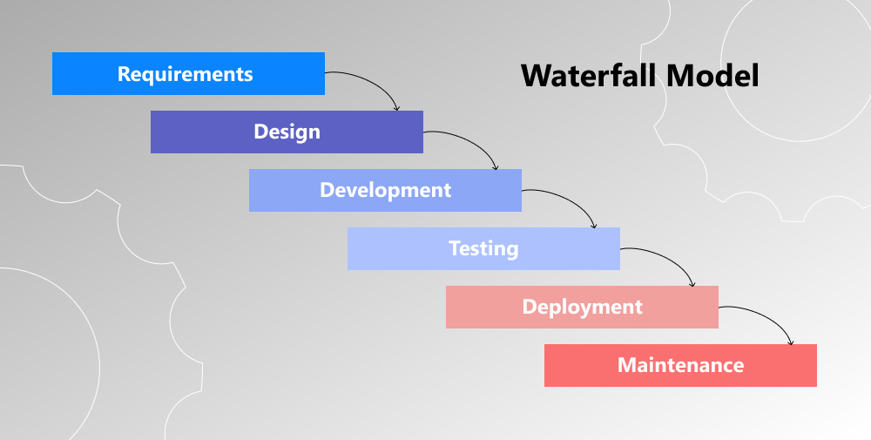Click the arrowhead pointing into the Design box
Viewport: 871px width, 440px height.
(x=397, y=108)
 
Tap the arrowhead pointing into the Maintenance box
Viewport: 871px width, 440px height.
(x=791, y=342)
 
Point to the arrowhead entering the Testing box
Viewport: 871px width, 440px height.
(x=594, y=225)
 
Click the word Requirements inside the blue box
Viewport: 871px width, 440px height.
(x=186, y=74)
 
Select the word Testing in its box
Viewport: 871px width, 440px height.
(x=483, y=249)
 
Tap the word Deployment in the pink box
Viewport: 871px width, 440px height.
(x=582, y=308)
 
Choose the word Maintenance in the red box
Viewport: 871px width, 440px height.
(x=680, y=366)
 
